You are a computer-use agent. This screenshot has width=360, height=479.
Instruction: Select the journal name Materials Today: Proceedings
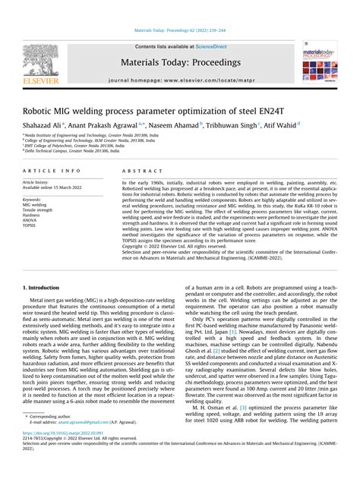(x=179, y=61)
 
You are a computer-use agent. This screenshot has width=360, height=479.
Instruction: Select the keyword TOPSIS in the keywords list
(x=31, y=225)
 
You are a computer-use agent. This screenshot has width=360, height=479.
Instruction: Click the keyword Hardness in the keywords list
(x=33, y=215)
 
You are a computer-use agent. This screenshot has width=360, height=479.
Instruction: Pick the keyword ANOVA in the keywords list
(x=32, y=220)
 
